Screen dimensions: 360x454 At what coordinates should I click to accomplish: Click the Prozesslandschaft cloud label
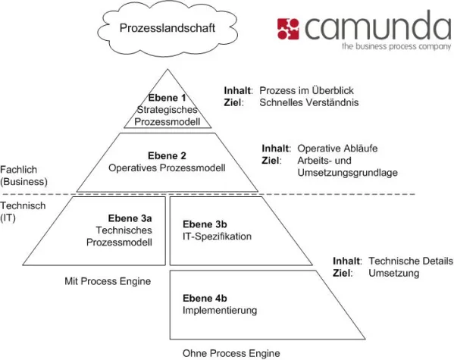coord(157,29)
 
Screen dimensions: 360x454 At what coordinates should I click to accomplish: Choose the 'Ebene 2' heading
coord(167,154)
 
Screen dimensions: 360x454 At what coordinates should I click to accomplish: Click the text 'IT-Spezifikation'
coord(218,236)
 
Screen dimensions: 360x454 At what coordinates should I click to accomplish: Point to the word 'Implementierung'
coord(220,310)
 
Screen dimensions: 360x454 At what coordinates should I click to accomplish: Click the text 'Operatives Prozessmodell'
coord(167,167)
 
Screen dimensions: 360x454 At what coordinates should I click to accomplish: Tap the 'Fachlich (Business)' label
coord(24,176)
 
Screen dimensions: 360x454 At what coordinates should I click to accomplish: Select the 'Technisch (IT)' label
coord(24,211)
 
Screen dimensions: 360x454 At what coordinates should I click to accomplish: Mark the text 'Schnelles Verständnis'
coord(308,102)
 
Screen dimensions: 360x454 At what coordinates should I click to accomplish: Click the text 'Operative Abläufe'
coord(337,149)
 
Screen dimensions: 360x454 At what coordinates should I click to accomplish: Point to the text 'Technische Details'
coord(410,261)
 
